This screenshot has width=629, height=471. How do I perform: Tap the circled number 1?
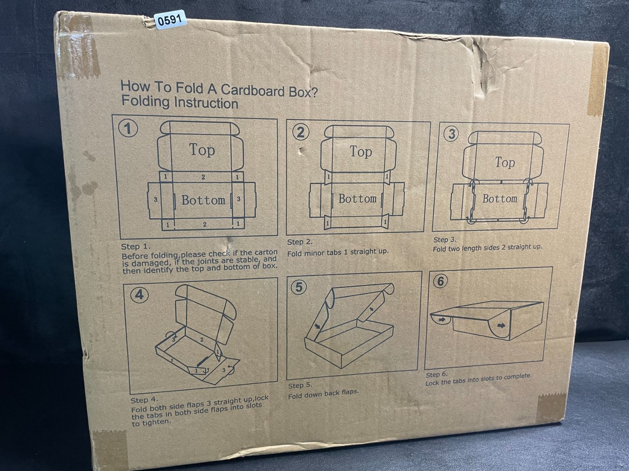coord(128,128)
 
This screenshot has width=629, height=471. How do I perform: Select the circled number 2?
coord(301,132)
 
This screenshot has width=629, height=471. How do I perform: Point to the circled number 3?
coord(451,134)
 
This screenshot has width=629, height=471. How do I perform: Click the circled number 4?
coord(139,295)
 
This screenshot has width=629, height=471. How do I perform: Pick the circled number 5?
coord(299,287)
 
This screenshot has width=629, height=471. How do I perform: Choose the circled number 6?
coord(440,281)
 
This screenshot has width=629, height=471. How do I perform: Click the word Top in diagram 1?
coord(202,150)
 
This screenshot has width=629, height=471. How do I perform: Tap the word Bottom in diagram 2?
coord(357,199)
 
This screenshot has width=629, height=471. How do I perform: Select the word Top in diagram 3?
coord(505,163)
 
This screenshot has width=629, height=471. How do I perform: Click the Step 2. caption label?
coord(300,242)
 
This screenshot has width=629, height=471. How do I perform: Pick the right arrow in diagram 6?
coord(501,326)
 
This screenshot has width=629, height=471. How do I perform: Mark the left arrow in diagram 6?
coord(443,319)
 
